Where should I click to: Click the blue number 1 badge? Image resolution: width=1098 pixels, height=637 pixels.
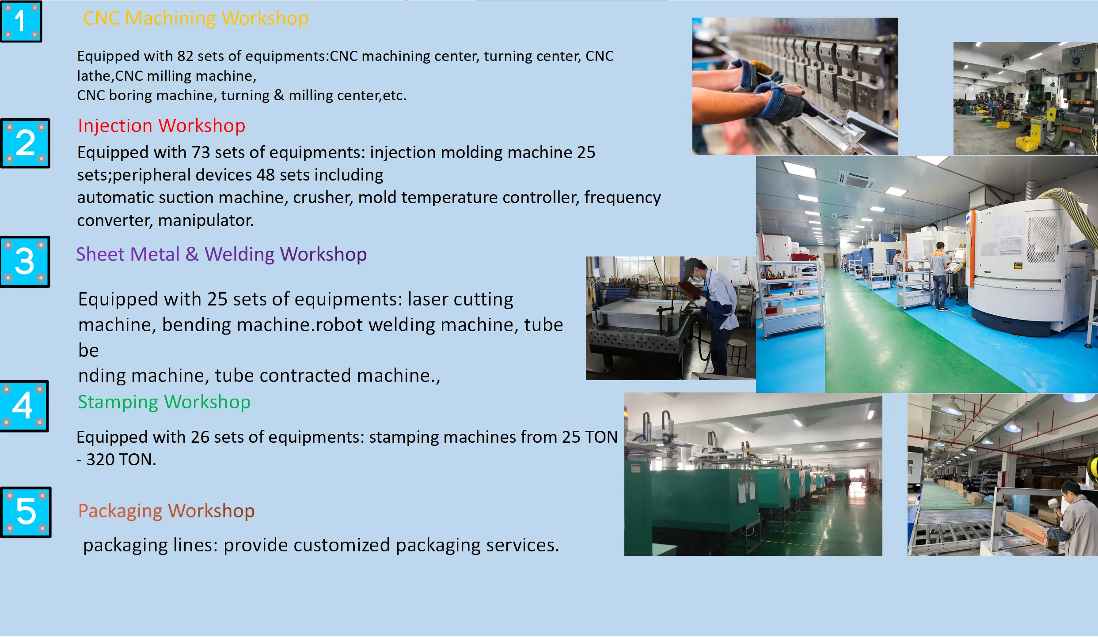21,21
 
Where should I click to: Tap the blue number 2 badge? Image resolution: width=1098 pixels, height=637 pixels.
25,143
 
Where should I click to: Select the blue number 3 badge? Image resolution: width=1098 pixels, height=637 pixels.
25,261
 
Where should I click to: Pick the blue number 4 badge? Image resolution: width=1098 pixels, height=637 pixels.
24,406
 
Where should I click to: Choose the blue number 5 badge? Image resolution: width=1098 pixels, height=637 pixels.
26,512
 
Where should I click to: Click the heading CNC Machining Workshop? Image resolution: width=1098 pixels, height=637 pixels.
196,19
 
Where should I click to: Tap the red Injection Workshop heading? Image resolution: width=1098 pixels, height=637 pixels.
161,126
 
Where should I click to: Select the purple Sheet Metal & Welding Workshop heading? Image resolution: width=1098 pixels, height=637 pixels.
221,254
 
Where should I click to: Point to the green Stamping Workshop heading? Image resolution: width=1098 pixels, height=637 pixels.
164,402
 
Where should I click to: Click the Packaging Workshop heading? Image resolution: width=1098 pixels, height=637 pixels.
167,511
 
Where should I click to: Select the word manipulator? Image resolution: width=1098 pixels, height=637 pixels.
206,220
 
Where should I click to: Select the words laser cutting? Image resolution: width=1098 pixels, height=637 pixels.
460,299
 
